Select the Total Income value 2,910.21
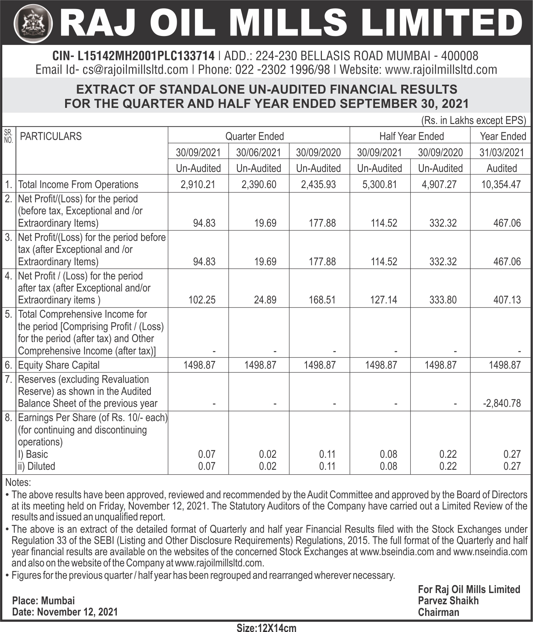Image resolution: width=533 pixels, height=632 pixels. click(198, 185)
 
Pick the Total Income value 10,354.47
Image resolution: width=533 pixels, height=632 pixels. click(501, 185)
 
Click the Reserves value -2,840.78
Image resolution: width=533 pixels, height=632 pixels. click(502, 403)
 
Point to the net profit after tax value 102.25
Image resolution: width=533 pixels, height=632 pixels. click(202, 300)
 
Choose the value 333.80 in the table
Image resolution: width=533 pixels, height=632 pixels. click(443, 300)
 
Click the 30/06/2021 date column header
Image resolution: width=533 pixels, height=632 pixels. click(258, 152)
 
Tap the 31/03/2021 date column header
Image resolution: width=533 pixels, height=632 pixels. click(502, 152)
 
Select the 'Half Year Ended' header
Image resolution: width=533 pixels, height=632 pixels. click(411, 136)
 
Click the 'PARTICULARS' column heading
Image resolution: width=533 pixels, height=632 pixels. click(51, 136)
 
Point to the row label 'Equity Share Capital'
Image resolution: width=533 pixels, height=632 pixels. click(59, 365)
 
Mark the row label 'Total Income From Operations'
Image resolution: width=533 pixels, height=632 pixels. click(78, 185)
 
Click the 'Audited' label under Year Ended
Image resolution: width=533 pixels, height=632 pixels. click(502, 169)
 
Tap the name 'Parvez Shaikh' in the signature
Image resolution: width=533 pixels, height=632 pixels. click(448, 601)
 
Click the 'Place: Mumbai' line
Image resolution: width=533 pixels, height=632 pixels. click(43, 601)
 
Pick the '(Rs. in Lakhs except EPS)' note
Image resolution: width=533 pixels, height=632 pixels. click(473, 121)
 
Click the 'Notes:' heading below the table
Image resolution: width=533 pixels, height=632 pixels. click(18, 482)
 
